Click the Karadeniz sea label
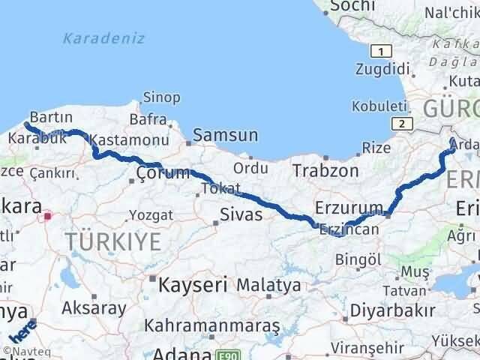[104, 38]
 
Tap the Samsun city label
[225, 136]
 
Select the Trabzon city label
[325, 170]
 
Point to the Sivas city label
[241, 214]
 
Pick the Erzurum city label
[349, 207]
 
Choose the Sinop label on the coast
[162, 97]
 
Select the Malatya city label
[268, 285]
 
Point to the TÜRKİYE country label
[112, 241]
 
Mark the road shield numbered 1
[382, 51]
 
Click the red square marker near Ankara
[48, 216]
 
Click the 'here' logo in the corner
[22, 332]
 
